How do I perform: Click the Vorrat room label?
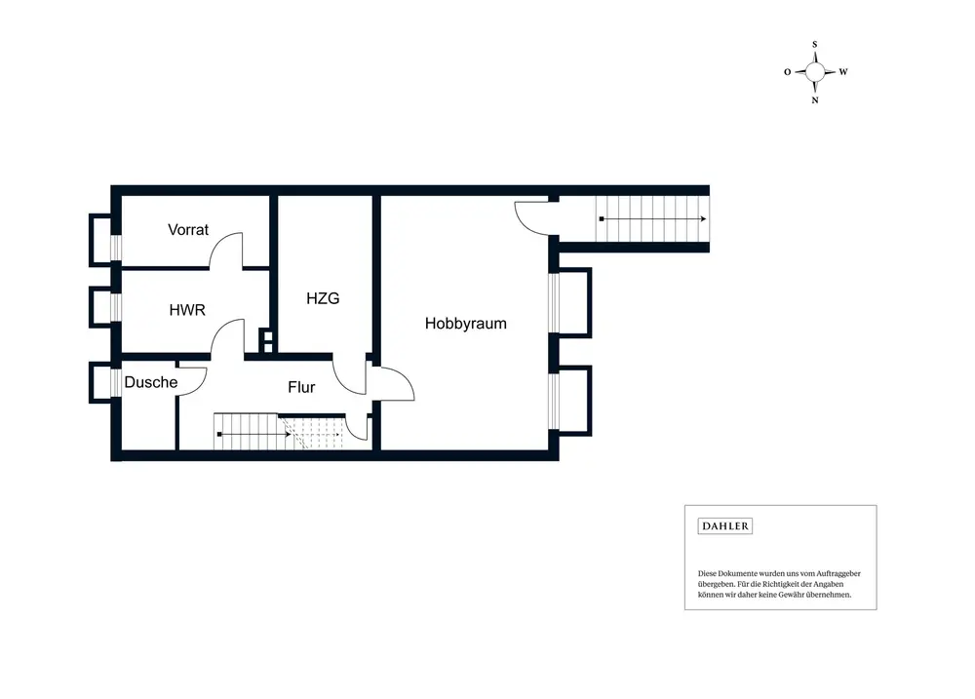coord(188,230)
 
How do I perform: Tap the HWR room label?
coord(186,310)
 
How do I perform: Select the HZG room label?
coord(323,298)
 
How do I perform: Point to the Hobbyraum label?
coord(466,324)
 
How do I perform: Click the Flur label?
coord(301,387)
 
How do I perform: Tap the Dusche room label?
coord(151,382)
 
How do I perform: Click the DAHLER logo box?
coord(725,526)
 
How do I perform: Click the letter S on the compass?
coord(815,44)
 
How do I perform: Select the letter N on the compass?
coord(815,99)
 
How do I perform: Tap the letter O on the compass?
coord(787,72)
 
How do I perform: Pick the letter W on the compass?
coord(843,72)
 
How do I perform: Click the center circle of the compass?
coord(815,71)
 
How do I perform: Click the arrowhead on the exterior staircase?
coord(703,219)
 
